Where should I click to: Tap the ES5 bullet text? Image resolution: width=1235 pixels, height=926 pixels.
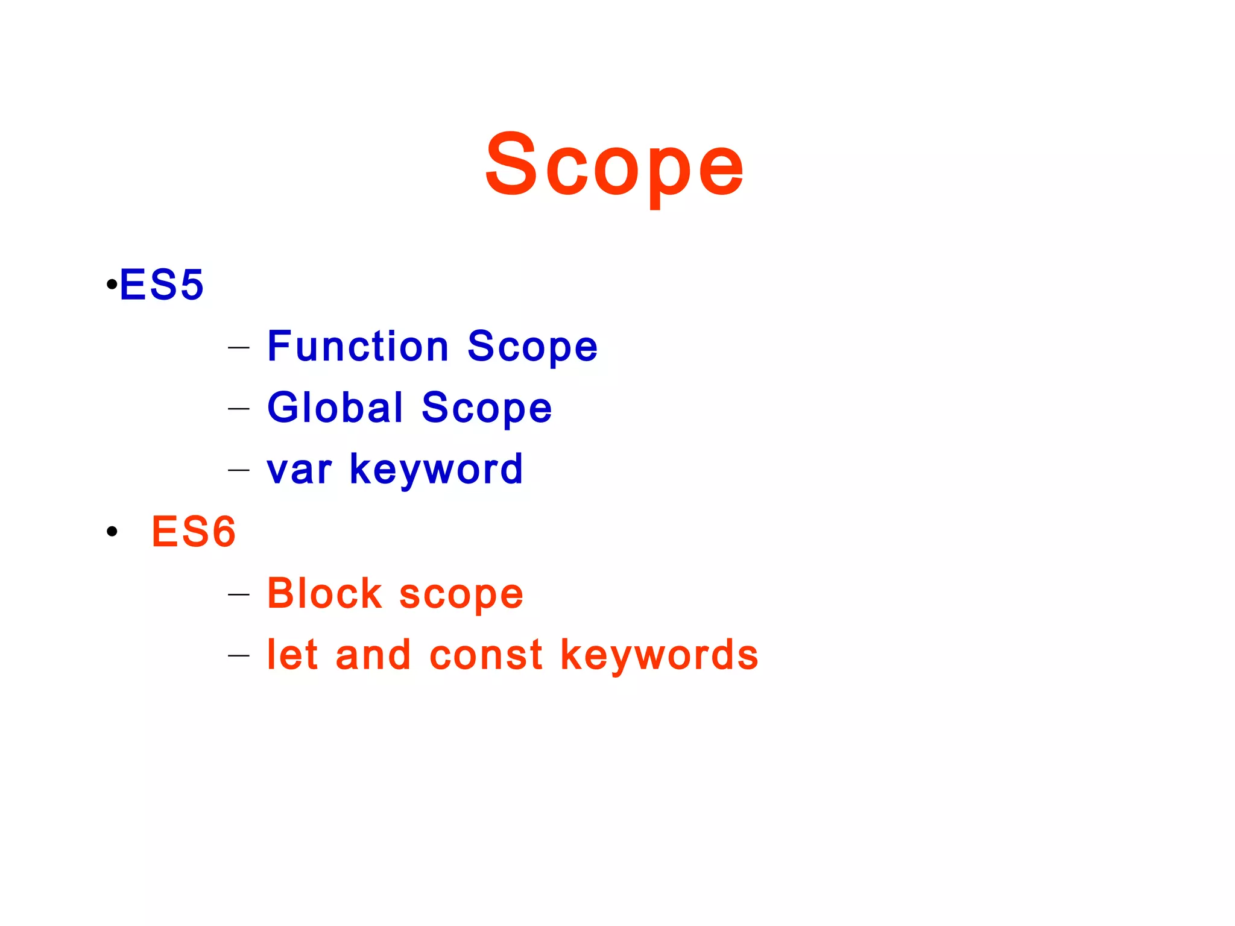[x=162, y=285]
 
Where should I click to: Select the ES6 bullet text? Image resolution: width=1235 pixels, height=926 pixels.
[x=194, y=532]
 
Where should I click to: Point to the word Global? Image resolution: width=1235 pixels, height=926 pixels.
[x=335, y=408]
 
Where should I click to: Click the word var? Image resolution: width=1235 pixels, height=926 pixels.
[x=299, y=470]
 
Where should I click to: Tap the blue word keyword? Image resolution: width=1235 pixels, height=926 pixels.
[x=436, y=470]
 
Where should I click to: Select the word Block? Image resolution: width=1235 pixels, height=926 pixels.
[x=324, y=593]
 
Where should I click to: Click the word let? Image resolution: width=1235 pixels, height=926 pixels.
[x=292, y=655]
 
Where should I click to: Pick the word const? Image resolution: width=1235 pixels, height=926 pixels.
[x=486, y=655]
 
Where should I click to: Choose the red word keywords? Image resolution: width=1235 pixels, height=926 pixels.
[x=659, y=655]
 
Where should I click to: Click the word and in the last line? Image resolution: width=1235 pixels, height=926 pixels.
[x=373, y=655]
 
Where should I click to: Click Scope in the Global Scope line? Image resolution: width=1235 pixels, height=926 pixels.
[x=486, y=408]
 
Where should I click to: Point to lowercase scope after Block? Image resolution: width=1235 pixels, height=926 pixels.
[x=461, y=594]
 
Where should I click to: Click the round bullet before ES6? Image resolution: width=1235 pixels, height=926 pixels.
[x=112, y=532]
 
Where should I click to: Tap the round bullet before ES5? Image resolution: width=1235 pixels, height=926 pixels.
[x=111, y=284]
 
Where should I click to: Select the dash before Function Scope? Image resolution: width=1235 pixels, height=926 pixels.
[x=239, y=348]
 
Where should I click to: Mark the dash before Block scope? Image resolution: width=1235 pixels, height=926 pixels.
[x=239, y=594]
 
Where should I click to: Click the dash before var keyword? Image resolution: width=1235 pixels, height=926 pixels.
[x=239, y=470]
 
